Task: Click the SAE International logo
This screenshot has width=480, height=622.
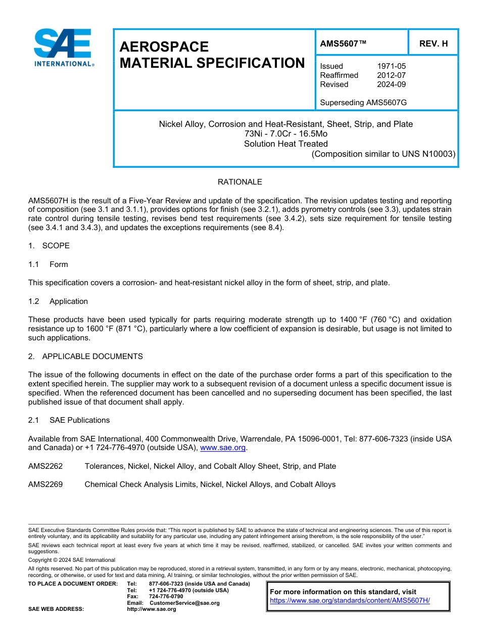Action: tap(63, 48)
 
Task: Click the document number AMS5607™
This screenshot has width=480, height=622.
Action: tap(343, 43)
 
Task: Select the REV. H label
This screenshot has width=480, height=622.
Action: tap(433, 43)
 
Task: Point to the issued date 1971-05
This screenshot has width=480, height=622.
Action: tap(391, 66)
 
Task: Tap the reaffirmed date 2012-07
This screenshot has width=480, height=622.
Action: tap(391, 75)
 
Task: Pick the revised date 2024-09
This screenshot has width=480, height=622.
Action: tap(391, 84)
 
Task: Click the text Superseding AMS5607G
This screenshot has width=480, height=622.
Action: tap(363, 103)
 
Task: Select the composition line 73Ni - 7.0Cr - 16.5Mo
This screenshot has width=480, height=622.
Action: tap(285, 134)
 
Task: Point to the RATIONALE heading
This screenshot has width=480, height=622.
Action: tap(239, 182)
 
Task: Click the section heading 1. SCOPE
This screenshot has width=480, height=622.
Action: tap(49, 246)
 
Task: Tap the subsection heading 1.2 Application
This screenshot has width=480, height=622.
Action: tap(58, 301)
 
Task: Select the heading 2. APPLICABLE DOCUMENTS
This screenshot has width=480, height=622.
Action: tap(85, 357)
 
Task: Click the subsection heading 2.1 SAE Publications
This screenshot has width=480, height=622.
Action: tap(69, 420)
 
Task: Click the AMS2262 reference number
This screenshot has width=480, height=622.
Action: tap(45, 466)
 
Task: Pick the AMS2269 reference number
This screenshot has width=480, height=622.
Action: tap(45, 484)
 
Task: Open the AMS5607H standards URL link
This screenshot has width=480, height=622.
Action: tap(350, 601)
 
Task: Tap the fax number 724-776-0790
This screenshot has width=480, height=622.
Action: tap(166, 597)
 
